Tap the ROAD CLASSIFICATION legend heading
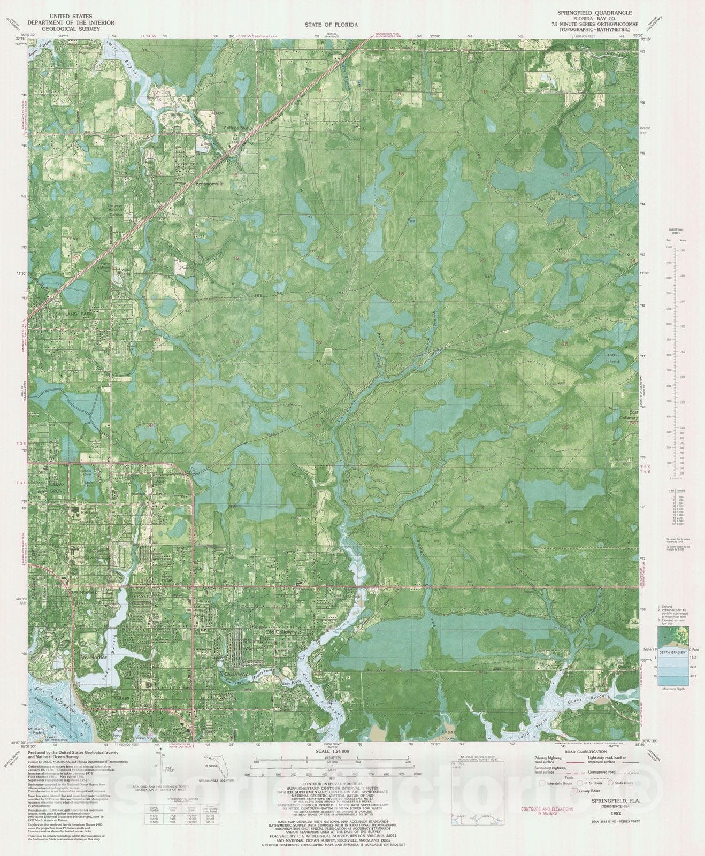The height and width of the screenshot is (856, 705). click(x=583, y=751)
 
